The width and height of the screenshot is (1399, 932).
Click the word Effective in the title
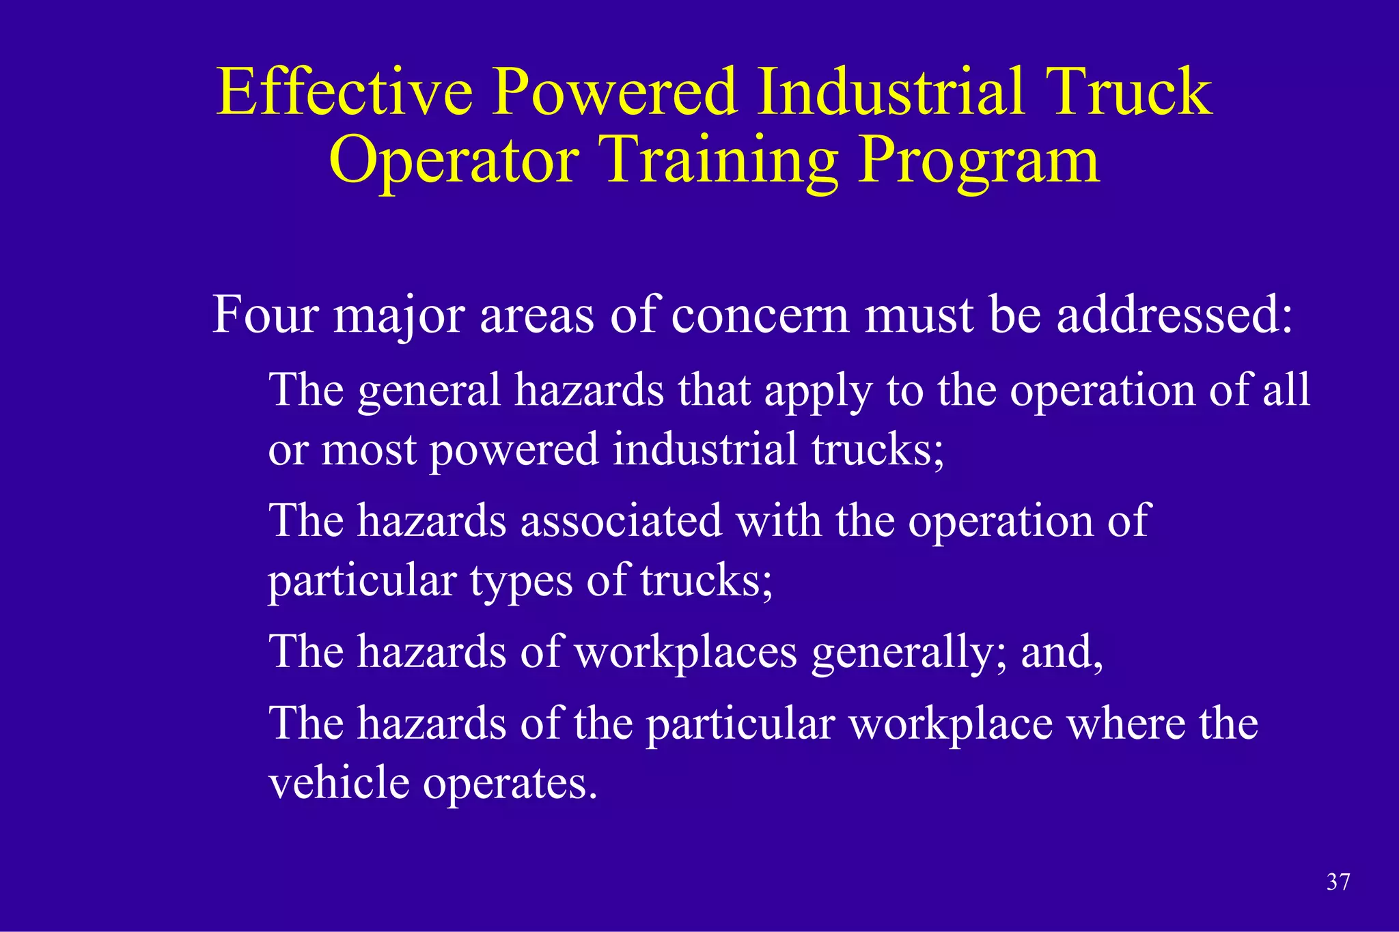click(x=344, y=92)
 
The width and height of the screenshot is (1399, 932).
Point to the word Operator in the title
click(x=454, y=160)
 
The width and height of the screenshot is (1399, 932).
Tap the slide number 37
click(x=1338, y=882)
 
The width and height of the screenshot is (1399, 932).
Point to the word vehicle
click(x=338, y=783)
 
